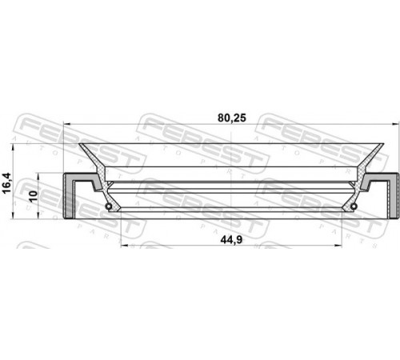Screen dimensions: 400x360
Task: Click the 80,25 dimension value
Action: (x=232, y=118)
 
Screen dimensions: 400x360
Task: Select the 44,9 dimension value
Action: (x=231, y=240)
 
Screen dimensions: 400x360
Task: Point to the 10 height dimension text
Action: (x=34, y=196)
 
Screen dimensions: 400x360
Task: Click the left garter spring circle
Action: (x=109, y=206)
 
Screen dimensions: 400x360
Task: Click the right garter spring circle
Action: (x=354, y=206)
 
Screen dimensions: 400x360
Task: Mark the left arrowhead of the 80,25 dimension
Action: (x=66, y=124)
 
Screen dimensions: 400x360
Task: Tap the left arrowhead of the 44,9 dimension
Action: (x=124, y=246)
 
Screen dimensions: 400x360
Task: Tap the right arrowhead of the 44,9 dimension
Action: (x=338, y=246)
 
